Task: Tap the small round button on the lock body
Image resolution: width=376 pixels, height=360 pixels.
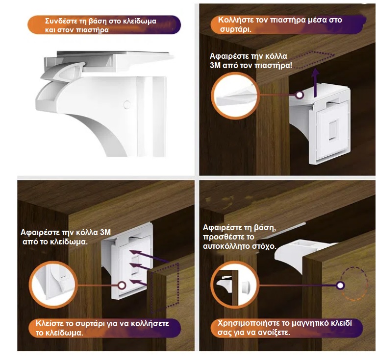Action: pyautogui.click(x=127, y=104)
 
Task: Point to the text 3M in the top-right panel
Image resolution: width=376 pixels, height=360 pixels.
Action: pyautogui.click(x=215, y=65)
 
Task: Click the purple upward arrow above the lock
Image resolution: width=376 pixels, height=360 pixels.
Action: pyautogui.click(x=316, y=82)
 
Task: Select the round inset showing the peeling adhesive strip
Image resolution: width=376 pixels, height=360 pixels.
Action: pyautogui.click(x=235, y=96)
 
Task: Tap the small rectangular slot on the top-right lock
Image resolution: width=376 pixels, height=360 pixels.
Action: pyautogui.click(x=332, y=131)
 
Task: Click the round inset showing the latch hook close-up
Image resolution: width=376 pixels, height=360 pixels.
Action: pyautogui.click(x=53, y=285)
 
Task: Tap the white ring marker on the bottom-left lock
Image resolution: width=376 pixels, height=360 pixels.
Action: pyautogui.click(x=122, y=285)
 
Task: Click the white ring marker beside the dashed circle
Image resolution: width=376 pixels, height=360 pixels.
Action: pyautogui.click(x=340, y=285)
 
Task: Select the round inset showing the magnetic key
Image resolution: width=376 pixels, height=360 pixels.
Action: pyautogui.click(x=235, y=285)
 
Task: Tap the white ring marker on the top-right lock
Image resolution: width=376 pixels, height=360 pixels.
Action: pyautogui.click(x=299, y=95)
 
